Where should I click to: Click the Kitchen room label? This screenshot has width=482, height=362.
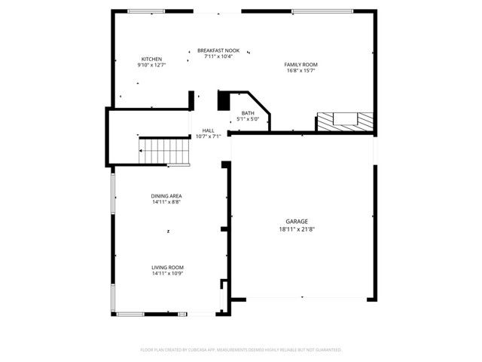(x=151, y=59)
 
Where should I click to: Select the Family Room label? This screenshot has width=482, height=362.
(x=300, y=65)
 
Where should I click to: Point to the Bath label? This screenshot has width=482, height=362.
(x=248, y=113)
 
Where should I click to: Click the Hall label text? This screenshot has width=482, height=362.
(x=207, y=130)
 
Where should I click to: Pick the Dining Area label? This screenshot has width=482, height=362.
(x=166, y=196)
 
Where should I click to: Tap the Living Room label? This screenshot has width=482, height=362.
(x=167, y=267)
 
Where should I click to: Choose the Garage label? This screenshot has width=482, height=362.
(x=296, y=221)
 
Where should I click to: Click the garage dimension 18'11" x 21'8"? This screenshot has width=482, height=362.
(x=296, y=228)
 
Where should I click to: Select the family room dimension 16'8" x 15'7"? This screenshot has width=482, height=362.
(x=300, y=71)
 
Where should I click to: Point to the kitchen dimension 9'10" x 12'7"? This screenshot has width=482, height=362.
(x=151, y=65)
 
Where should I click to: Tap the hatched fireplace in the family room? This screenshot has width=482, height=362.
(x=344, y=121)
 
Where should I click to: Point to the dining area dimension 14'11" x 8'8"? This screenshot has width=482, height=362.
(x=166, y=202)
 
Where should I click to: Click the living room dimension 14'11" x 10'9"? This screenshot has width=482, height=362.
(x=167, y=273)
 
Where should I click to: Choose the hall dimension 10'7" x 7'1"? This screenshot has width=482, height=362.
(x=207, y=137)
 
